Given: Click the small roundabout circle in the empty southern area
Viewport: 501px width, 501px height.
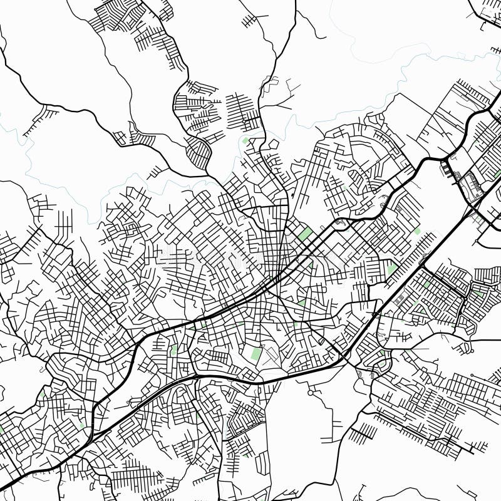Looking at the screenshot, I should [x=311, y=393].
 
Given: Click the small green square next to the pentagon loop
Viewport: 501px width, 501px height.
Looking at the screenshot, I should [x=245, y=141].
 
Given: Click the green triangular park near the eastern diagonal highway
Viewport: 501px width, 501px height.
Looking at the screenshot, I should [x=392, y=270].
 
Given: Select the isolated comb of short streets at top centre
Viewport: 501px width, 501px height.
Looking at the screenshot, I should [x=250, y=20].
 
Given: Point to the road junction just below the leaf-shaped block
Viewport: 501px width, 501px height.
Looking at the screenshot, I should [x=207, y=172].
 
